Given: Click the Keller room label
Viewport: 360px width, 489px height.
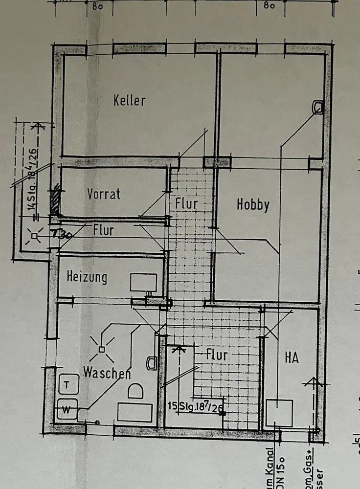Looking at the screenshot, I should click(130, 101).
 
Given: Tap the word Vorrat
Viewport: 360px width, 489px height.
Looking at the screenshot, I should click(104, 194).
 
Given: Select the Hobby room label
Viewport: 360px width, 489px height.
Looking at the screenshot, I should click(253, 204).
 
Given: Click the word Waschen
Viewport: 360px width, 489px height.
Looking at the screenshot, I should click(107, 373).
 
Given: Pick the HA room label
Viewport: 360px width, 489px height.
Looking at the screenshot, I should click(292, 358).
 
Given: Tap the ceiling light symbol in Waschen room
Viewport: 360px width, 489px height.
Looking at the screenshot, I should click(101, 349).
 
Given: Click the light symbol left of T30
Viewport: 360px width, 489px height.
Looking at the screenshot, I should click(34, 237).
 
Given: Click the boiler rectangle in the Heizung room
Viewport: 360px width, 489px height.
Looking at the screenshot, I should click(143, 283).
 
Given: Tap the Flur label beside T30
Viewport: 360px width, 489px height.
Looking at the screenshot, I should click(103, 230).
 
